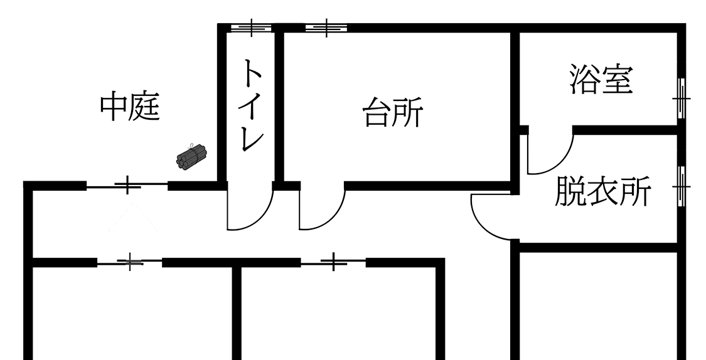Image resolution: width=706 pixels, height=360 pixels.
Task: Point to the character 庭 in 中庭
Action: coord(146,107)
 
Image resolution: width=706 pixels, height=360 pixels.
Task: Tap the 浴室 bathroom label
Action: coord(601,79)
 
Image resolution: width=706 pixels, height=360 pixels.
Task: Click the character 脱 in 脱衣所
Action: coord(570,192)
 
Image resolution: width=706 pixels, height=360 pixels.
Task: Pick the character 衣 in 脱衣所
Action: coord(602,192)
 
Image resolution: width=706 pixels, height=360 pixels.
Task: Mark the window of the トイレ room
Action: coord(251,28)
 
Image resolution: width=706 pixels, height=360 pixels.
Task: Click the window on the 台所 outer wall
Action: coord(326,28)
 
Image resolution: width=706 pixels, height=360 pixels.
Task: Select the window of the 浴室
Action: coord(682,98)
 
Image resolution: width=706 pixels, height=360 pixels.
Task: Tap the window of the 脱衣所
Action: coord(682,187)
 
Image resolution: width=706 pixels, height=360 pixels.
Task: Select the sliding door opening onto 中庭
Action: coord(127,185)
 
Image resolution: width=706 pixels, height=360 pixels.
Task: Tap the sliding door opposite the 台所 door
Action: coord(333,262)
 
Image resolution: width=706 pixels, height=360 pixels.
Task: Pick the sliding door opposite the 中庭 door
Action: coord(130,262)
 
